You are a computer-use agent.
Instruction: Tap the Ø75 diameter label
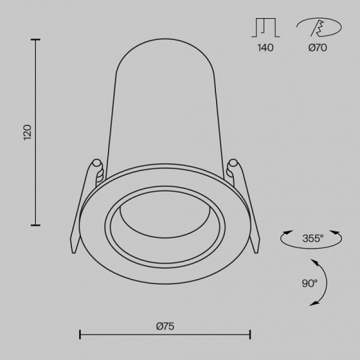pos(165,326)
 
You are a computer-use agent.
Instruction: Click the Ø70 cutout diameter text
pos(318,48)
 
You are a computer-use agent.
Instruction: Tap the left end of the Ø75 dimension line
pos(80,335)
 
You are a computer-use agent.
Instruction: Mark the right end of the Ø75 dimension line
pos(249,335)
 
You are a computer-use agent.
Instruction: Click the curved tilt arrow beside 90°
pos(321,282)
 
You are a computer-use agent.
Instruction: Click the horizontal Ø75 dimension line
pos(165,335)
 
